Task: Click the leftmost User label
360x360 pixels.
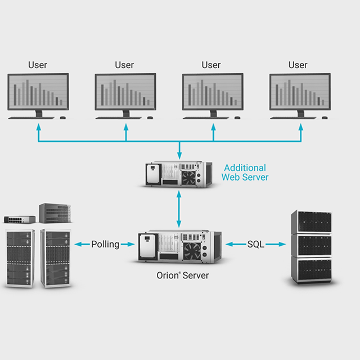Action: (38, 65)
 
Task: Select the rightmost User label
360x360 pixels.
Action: (298, 65)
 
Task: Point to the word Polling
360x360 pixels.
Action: (105, 244)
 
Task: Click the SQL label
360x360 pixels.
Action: (256, 244)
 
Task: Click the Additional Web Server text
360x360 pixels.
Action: (245, 173)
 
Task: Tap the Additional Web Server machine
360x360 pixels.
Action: (178, 174)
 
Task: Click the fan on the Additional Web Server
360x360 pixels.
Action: (188, 177)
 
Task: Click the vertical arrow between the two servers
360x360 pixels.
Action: (179, 209)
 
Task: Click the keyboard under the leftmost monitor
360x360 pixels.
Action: (31, 118)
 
